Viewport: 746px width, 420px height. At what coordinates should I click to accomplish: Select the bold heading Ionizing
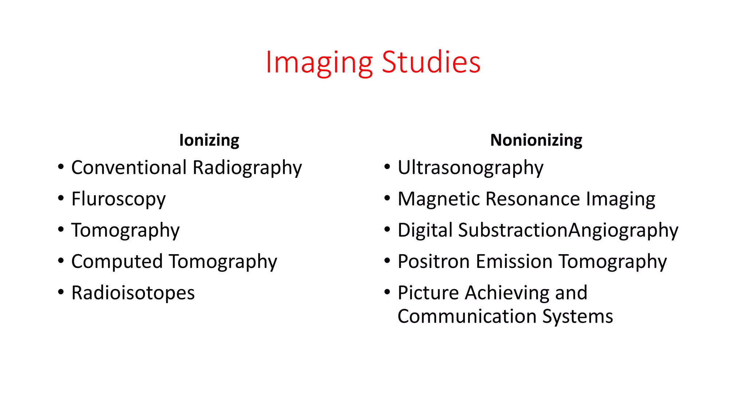click(209, 140)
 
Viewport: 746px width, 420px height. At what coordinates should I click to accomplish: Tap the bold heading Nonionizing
click(536, 140)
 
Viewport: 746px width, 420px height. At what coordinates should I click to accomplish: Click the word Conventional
click(129, 168)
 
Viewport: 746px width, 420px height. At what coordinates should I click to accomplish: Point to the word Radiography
click(247, 168)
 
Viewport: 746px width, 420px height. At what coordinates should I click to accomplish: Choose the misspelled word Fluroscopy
click(118, 199)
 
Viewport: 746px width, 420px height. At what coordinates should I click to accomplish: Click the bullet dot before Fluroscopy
click(61, 199)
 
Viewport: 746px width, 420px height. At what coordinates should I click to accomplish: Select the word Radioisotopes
click(133, 293)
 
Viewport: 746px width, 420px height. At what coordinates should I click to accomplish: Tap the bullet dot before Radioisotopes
click(61, 292)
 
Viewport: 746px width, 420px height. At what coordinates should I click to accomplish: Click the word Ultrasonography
click(470, 168)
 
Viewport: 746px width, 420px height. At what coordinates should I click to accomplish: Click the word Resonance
click(533, 199)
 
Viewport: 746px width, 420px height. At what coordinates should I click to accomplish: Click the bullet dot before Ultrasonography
click(387, 167)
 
